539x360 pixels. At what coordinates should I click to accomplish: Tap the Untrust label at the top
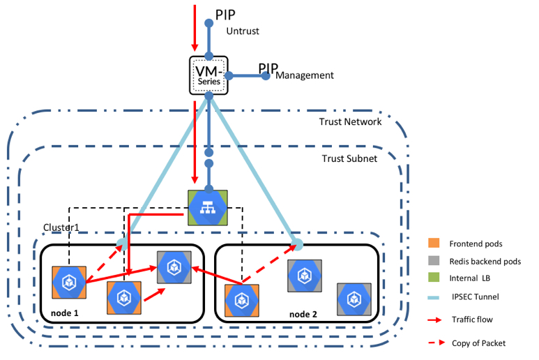(x=243, y=31)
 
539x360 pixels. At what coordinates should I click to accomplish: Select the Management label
(x=305, y=75)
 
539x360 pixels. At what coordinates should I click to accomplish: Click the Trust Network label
(x=350, y=122)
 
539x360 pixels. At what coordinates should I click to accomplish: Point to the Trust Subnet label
(x=349, y=159)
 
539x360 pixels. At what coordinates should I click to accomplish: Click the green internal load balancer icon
(x=207, y=207)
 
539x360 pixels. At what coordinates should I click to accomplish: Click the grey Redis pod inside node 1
(x=174, y=267)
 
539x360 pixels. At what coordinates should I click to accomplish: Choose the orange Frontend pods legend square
(x=434, y=243)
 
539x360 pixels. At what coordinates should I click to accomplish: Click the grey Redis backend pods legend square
(x=434, y=261)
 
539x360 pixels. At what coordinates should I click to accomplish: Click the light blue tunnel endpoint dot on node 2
(x=298, y=244)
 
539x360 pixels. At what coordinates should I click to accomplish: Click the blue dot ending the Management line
(x=265, y=75)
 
